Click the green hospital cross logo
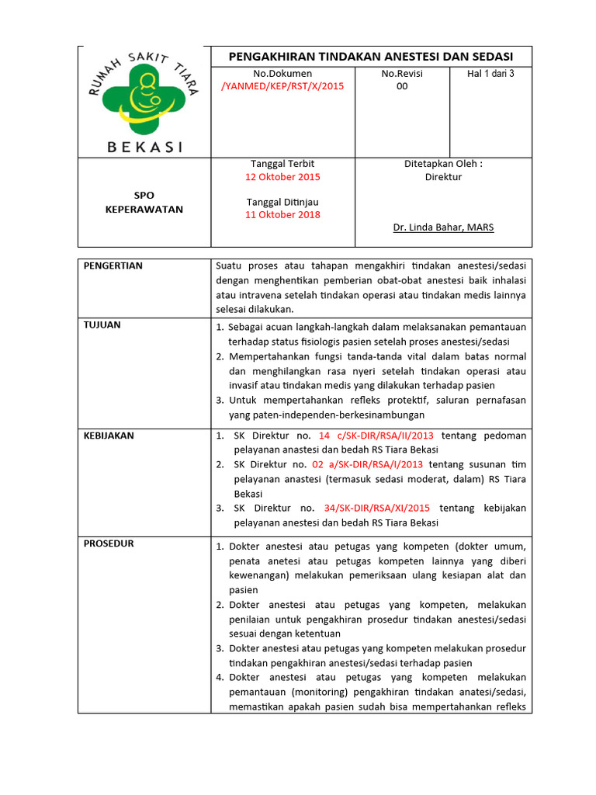[144, 99]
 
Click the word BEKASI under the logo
[144, 147]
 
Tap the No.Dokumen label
[282, 74]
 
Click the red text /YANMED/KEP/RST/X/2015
[282, 86]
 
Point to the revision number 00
[401, 86]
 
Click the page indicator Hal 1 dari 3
[490, 74]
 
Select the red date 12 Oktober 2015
[282, 177]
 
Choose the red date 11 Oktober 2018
[282, 215]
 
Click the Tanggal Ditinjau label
[282, 203]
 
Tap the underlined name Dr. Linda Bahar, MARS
[443, 227]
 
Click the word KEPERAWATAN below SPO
[144, 210]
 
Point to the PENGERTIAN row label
[113, 266]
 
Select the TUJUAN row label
[102, 325]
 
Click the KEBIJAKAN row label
[109, 436]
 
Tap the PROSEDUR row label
[109, 543]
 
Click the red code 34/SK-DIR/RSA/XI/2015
[377, 508]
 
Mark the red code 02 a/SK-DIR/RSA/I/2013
[367, 464]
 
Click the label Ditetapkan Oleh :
[443, 165]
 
